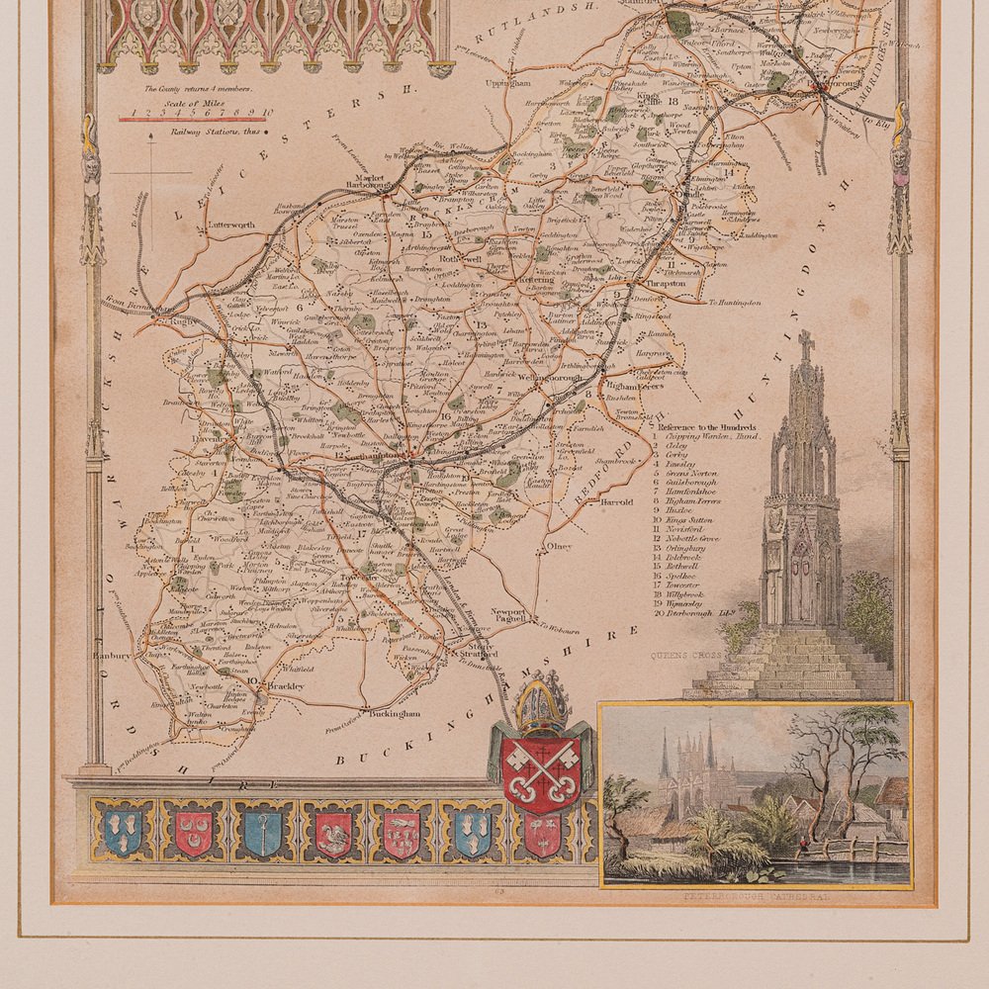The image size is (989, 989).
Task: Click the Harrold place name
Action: pos(616,501)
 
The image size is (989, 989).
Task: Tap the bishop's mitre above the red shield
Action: pos(540,705)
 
